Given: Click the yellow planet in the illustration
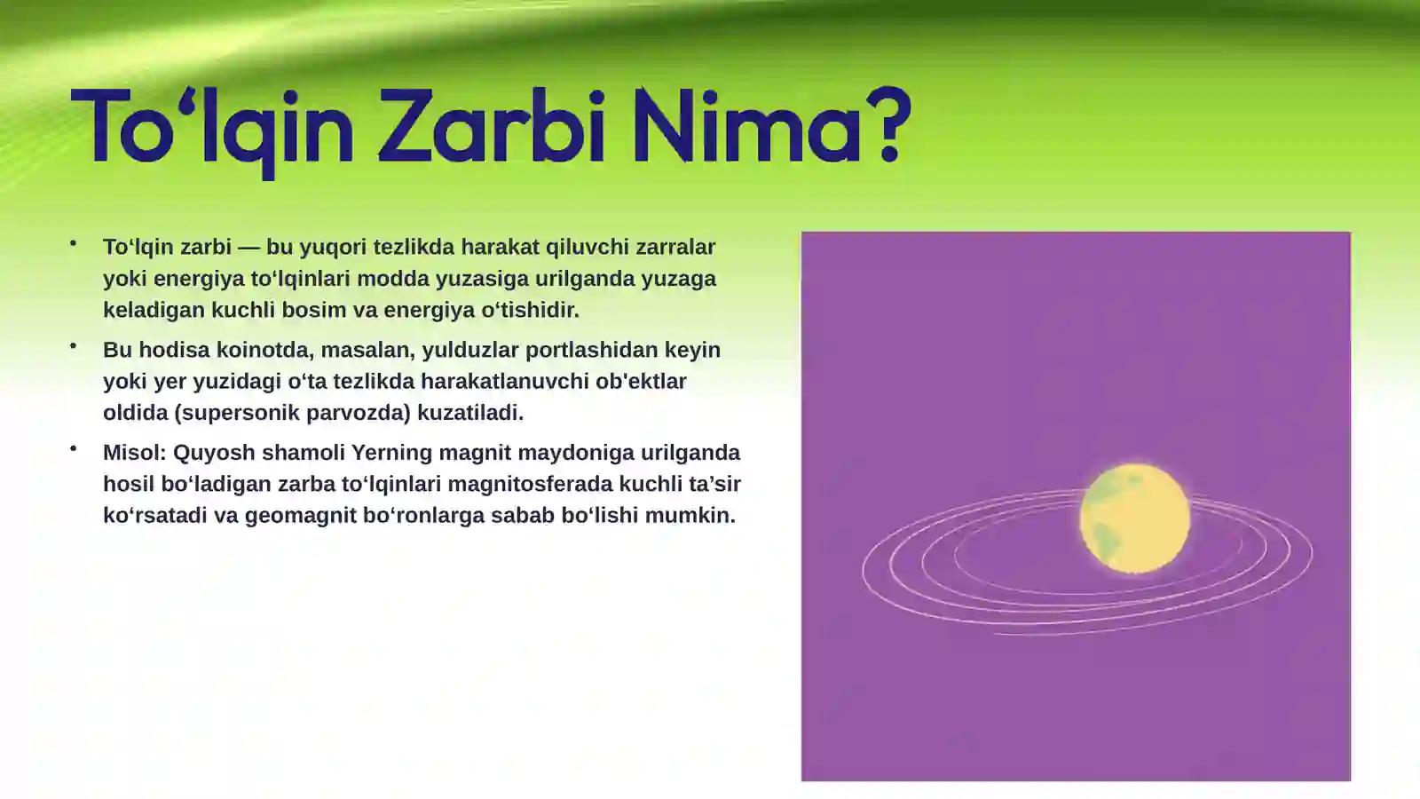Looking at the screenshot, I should click(1135, 518).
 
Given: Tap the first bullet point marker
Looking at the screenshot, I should click(74, 242).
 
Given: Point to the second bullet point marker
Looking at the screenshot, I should click(74, 345).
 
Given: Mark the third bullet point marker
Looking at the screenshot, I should click(74, 448).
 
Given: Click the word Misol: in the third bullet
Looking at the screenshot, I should click(134, 453).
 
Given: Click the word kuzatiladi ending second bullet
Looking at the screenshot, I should click(469, 413).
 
